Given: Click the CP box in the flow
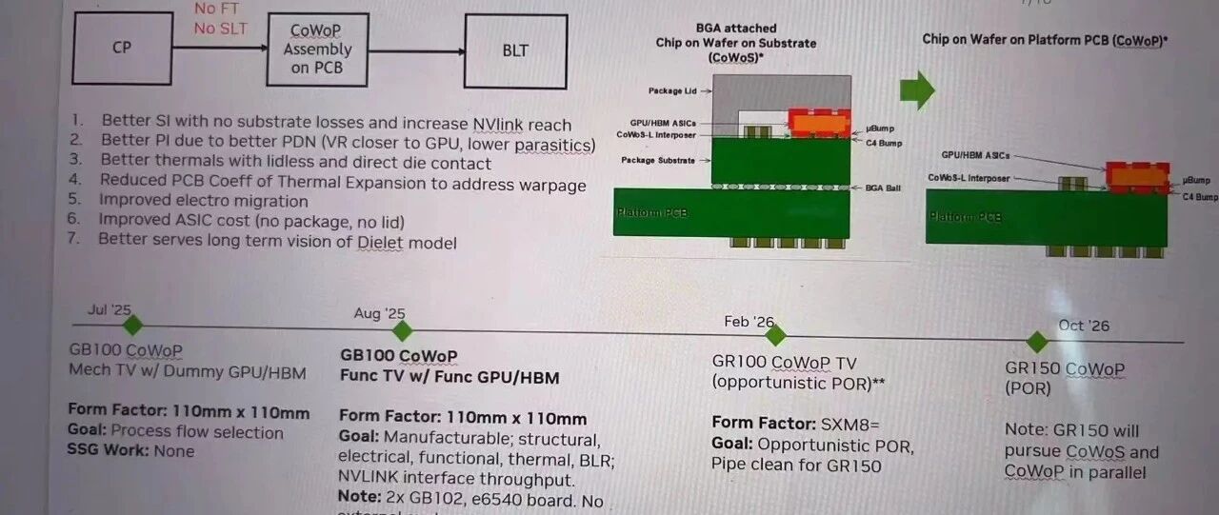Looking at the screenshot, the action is click(121, 48).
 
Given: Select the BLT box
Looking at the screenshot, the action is click(515, 50).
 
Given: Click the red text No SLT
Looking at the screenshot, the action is click(221, 29).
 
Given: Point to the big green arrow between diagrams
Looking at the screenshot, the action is click(917, 90).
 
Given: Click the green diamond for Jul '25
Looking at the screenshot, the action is click(132, 326).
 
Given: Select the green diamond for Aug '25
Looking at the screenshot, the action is click(403, 331).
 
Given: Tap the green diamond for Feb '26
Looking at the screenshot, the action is click(775, 335).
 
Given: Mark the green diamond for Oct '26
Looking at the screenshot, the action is click(1037, 341).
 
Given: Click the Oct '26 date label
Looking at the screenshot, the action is click(1084, 326).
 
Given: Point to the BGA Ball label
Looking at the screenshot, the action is click(885, 188).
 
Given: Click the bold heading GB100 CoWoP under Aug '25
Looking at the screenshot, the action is click(399, 356).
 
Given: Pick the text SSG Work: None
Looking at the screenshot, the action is click(131, 450).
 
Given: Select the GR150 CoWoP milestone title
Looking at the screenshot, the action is click(1065, 369).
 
